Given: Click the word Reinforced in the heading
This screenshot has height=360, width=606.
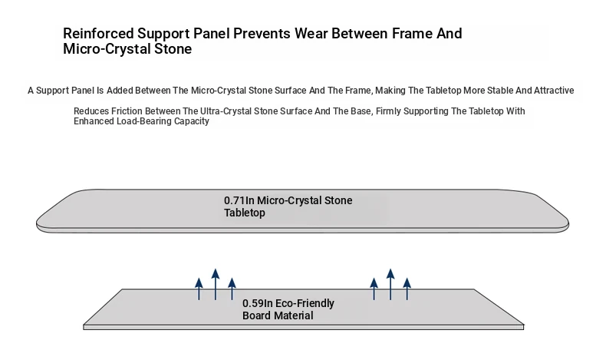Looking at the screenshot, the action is coord(98,34).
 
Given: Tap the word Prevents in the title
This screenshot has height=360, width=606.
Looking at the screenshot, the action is coord(262,34).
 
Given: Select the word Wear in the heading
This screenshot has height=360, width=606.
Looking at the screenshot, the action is coord(311,34).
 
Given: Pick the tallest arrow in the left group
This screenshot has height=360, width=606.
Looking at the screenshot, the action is coord(216,284).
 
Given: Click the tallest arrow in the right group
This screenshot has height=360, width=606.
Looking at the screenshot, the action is coord(390,284).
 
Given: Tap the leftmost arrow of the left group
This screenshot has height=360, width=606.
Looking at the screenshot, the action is coord(199,289).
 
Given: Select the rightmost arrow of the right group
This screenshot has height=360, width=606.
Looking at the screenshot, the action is coord(407,289).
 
